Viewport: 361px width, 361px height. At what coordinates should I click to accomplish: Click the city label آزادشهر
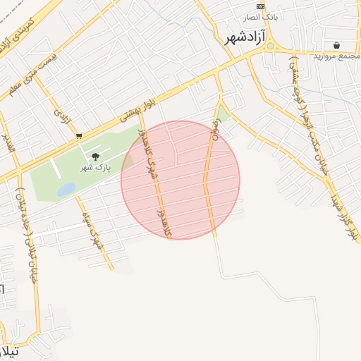(x=243, y=37)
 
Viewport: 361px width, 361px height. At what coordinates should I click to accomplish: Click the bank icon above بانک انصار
(x=260, y=6)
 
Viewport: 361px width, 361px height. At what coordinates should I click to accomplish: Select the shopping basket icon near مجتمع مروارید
(x=336, y=44)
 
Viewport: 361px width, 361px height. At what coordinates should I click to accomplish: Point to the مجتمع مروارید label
(x=336, y=55)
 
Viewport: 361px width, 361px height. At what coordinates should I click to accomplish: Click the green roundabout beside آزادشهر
(x=270, y=46)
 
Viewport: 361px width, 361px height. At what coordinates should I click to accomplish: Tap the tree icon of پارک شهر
(x=96, y=157)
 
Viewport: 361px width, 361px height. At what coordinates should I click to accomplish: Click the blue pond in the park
(x=66, y=190)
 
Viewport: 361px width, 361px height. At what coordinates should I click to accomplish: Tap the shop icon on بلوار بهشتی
(x=78, y=135)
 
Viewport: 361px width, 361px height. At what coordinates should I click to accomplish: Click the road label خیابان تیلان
(x=24, y=233)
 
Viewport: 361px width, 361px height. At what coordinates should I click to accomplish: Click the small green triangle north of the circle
(x=223, y=114)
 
